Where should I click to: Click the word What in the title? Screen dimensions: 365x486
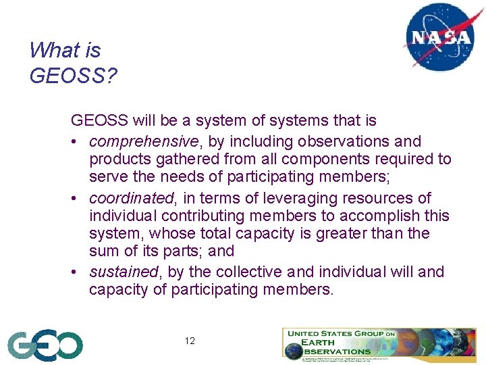click(52, 50)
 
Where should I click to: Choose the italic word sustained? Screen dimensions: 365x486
click(124, 272)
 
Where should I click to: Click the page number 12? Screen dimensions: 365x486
click(190, 341)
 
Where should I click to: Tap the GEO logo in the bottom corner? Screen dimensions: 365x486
click(45, 345)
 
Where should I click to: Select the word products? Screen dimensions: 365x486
click(118, 160)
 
